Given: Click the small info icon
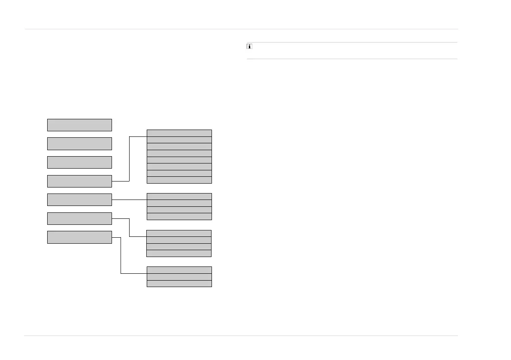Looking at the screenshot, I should [x=249, y=46].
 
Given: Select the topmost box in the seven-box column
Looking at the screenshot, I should [x=79, y=125].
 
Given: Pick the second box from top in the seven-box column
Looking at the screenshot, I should [x=79, y=144].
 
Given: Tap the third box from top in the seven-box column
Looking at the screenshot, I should [x=79, y=162].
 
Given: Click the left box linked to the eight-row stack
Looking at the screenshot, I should [x=79, y=181].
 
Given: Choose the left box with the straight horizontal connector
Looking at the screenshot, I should [x=79, y=200].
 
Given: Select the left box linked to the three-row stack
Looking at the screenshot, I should [x=79, y=237].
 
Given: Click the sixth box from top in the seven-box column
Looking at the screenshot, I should [x=79, y=218].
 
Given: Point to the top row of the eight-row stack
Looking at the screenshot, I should [x=179, y=133].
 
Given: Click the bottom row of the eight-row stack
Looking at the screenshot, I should [x=179, y=180].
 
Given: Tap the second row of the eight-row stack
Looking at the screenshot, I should [x=179, y=140].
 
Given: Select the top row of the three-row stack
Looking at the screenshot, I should [x=179, y=270].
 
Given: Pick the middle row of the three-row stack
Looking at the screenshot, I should [x=179, y=277].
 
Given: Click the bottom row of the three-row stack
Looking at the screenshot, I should [x=179, y=284].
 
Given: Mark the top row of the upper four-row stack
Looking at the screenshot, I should [x=179, y=197].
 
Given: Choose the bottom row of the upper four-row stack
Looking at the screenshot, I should [x=179, y=217].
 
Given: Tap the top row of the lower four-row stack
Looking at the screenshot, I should [x=179, y=233].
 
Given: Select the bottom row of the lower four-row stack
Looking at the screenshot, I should [x=179, y=254].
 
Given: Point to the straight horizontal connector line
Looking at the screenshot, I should [x=129, y=200].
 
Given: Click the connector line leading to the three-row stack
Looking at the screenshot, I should [x=121, y=257].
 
